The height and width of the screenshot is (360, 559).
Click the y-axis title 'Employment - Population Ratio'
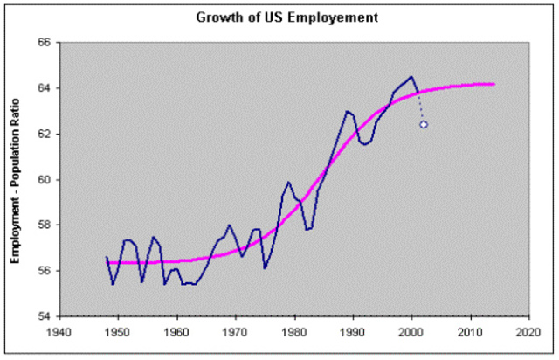(x=16, y=179)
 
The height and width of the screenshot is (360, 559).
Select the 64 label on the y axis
(x=42, y=88)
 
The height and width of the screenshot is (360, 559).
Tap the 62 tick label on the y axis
(x=42, y=134)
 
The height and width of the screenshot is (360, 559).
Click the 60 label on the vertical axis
(x=42, y=179)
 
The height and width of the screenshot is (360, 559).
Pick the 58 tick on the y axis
(x=42, y=225)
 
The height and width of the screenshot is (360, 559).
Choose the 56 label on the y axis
(x=42, y=270)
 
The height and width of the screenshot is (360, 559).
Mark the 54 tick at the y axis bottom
(x=42, y=315)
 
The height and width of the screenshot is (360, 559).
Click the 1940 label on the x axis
(x=59, y=332)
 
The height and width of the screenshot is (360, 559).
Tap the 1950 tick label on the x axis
(x=118, y=332)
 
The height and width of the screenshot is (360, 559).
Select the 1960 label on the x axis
(x=176, y=332)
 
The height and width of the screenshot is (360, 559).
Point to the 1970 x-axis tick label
(x=236, y=332)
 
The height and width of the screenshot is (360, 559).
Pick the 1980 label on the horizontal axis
(x=294, y=332)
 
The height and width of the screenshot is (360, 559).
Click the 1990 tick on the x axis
(x=353, y=332)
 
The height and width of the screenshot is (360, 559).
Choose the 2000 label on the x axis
(x=411, y=332)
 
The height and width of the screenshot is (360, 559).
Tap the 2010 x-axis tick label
(x=470, y=332)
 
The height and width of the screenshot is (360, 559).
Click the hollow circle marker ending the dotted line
(x=424, y=124)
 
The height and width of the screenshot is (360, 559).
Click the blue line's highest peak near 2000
(x=411, y=76)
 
